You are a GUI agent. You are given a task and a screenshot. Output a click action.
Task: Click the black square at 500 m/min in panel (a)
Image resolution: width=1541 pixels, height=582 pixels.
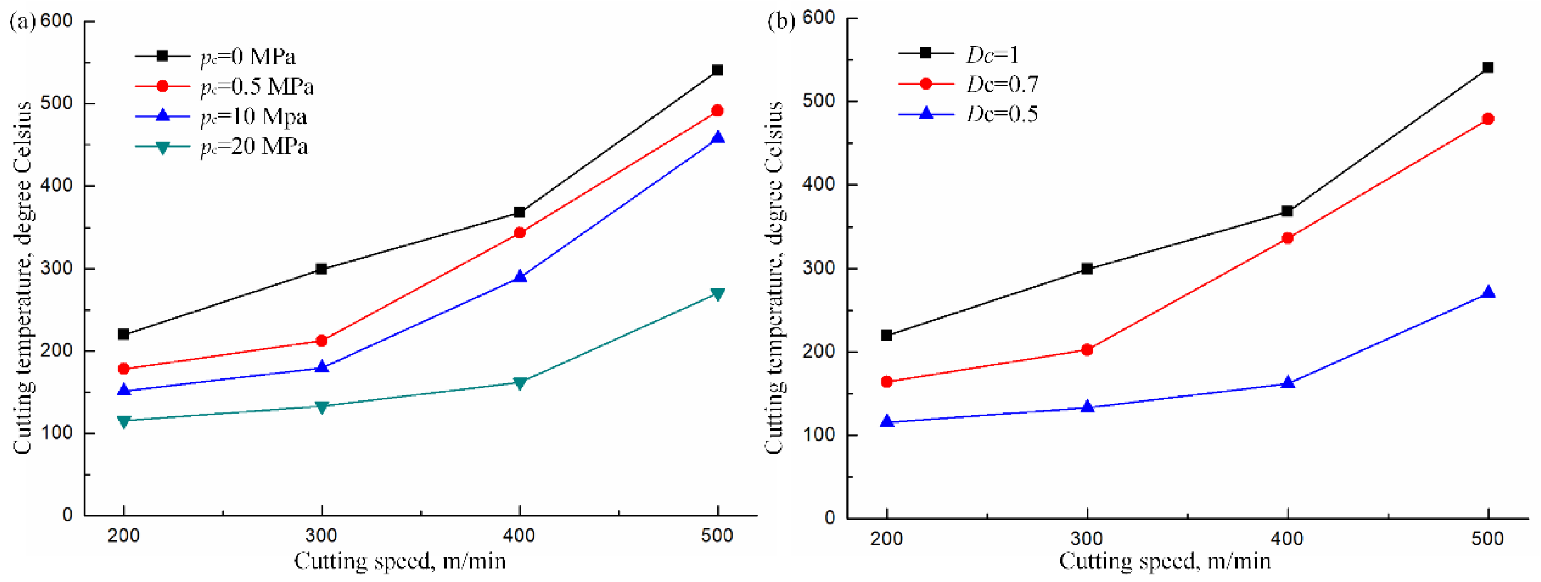[x=717, y=70]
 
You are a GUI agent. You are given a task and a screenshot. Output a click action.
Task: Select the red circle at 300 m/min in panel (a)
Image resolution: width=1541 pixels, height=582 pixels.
[x=321, y=341]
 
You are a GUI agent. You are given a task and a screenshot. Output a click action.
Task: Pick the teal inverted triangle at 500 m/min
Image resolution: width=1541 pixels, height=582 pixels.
[x=717, y=294]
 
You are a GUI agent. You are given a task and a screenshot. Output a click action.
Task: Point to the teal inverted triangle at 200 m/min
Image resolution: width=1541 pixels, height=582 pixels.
[x=124, y=422]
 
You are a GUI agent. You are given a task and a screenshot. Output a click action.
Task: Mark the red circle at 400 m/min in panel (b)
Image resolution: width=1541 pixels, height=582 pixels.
[x=1287, y=238]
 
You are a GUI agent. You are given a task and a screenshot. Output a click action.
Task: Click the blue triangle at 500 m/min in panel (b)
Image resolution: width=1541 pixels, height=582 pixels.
[x=1488, y=292]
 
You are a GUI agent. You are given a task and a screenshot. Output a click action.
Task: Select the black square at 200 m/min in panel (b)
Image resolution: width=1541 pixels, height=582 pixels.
[x=886, y=335]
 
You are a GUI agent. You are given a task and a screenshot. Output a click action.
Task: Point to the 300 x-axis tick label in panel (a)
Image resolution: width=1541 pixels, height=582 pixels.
[x=321, y=535]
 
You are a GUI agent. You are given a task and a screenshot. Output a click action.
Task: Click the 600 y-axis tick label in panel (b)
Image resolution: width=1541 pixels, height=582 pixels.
[x=818, y=18]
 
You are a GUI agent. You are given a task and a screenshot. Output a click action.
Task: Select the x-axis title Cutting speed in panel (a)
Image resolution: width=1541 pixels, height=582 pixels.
[x=400, y=561]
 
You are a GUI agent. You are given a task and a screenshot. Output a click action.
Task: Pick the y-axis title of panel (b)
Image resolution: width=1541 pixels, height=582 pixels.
[x=775, y=278]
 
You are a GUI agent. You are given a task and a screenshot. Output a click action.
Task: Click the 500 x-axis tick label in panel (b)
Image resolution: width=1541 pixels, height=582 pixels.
[x=1488, y=538]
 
